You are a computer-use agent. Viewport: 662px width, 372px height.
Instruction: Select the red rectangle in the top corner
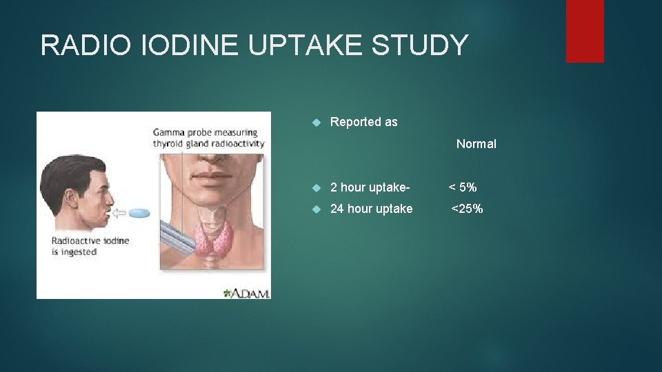point(585,31)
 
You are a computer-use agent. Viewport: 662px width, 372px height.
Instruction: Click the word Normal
point(476,144)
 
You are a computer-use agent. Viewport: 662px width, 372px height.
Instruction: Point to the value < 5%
point(463,187)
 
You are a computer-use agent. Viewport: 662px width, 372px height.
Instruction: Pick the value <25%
point(467,209)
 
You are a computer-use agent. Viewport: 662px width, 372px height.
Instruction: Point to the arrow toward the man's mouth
point(119,214)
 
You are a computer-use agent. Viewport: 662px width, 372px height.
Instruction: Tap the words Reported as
point(363,123)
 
